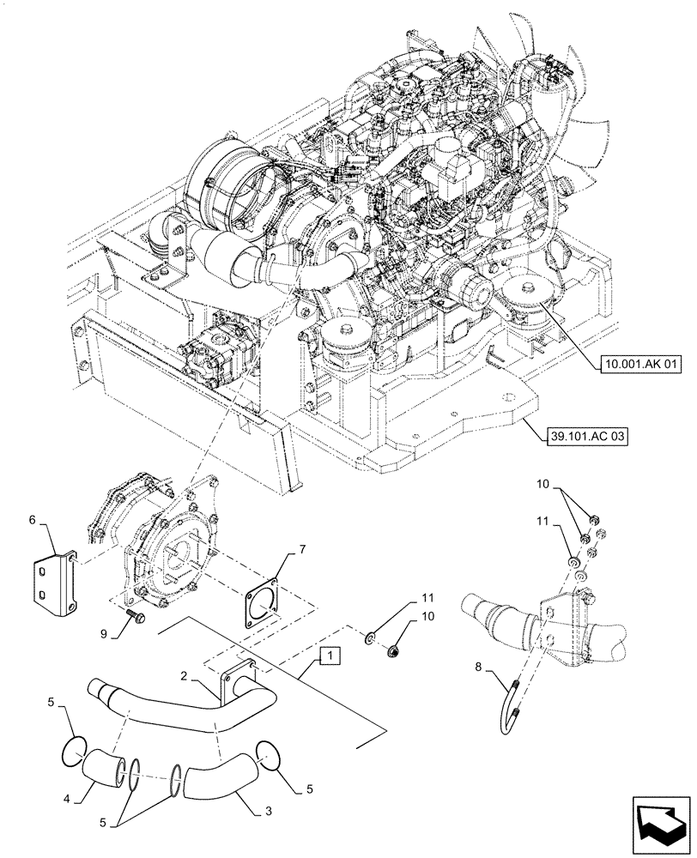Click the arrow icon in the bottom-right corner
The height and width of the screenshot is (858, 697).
(658, 823)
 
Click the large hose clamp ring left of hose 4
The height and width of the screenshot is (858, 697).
(73, 750)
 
